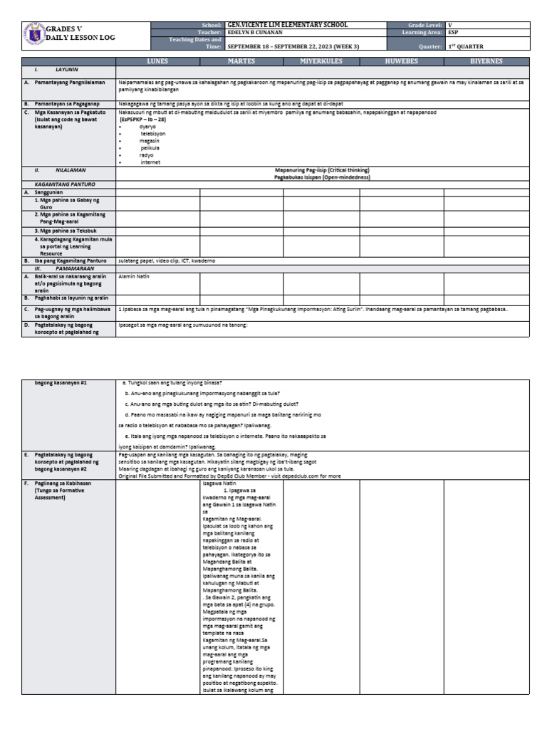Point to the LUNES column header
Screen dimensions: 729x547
pyautogui.click(x=157, y=62)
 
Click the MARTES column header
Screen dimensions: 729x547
pyautogui.click(x=241, y=62)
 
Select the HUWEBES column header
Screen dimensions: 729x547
pyautogui.click(x=401, y=62)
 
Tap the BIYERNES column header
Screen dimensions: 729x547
pyautogui.click(x=487, y=62)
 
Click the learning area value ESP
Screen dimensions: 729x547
pyautogui.click(x=452, y=33)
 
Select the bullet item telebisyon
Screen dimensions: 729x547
pyautogui.click(x=152, y=133)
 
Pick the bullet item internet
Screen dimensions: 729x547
pyautogui.click(x=150, y=162)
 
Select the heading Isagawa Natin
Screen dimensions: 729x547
pyautogui.click(x=217, y=483)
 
